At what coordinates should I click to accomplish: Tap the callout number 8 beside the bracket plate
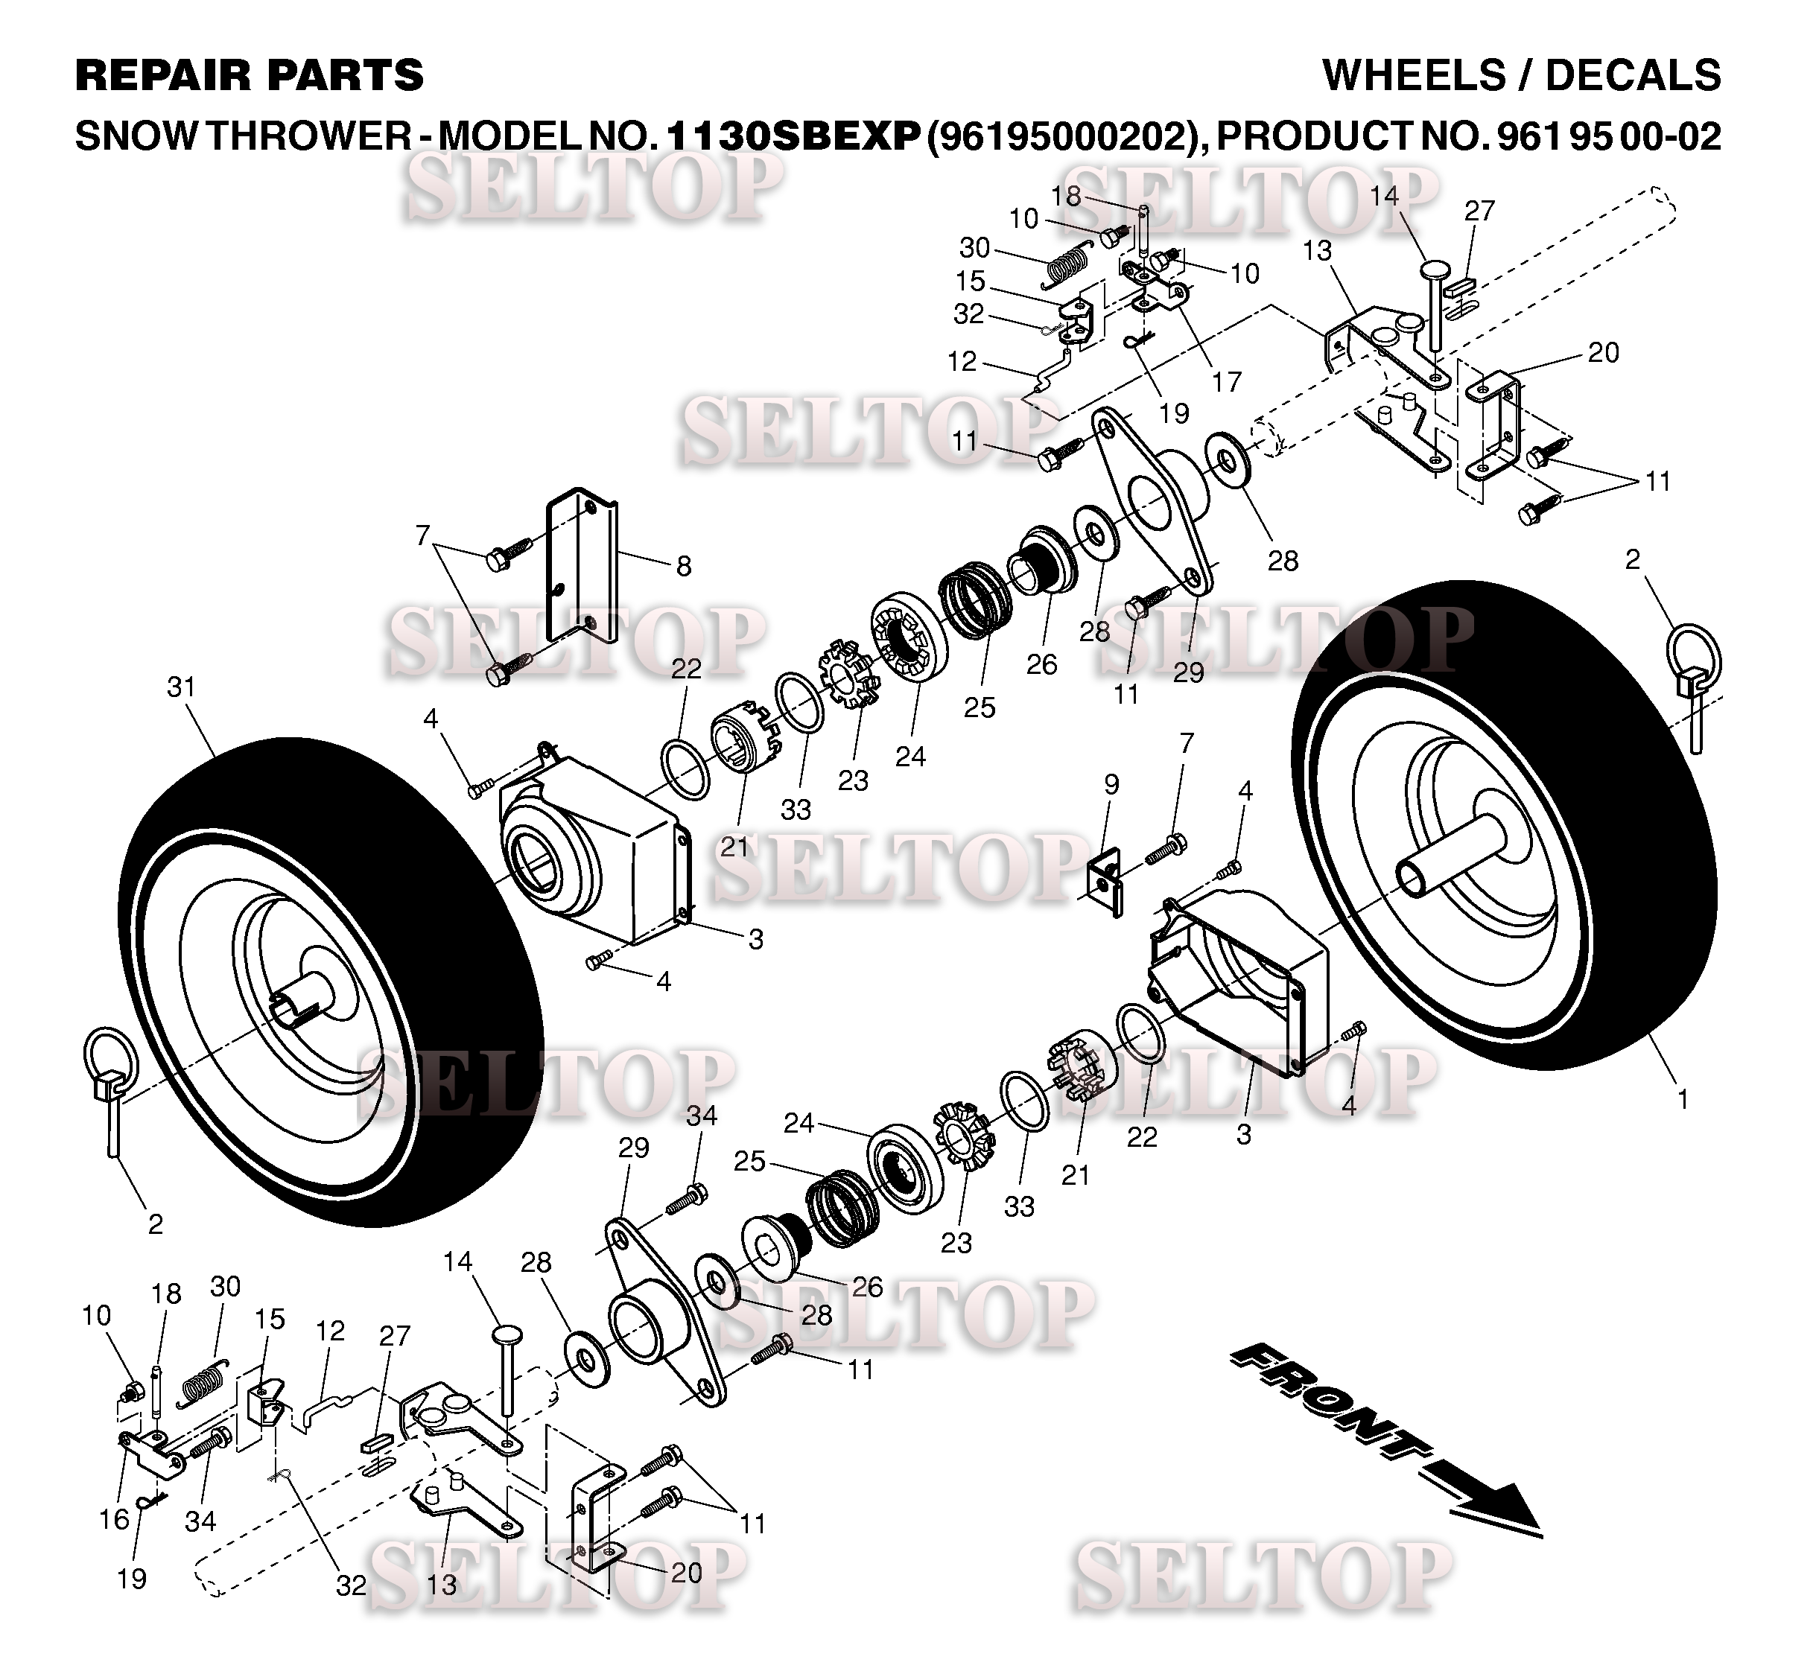pos(683,566)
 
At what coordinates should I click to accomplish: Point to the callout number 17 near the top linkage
pos(1226,382)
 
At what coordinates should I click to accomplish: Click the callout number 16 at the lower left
pos(115,1519)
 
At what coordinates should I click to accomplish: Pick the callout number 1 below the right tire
pos(1683,1100)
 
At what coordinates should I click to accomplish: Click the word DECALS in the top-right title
pos(1633,75)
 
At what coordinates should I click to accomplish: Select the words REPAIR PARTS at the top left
pos(250,75)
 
